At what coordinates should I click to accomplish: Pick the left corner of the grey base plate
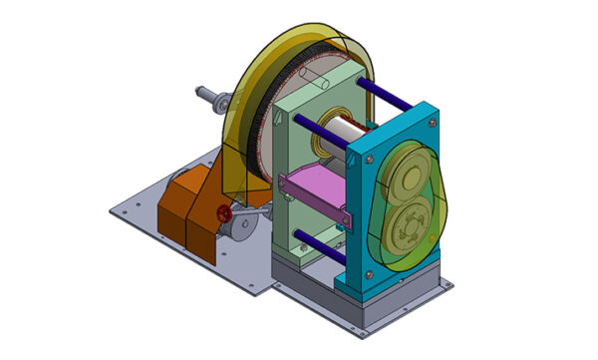tap(112, 211)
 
